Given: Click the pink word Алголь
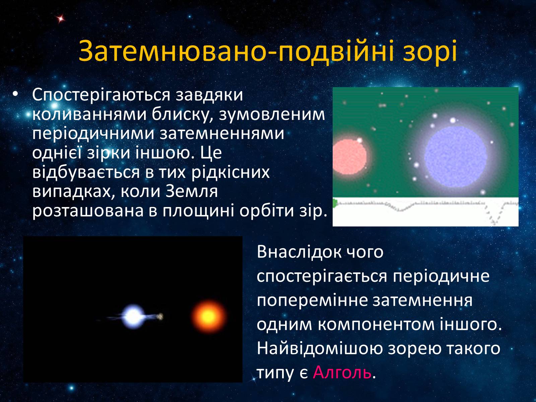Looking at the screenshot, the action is coord(342,373).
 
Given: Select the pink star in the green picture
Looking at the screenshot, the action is coord(349,157).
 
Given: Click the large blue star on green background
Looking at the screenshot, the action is coord(456,157).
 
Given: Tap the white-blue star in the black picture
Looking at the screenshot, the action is coord(133,316).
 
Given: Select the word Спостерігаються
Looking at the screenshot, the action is coord(101,95).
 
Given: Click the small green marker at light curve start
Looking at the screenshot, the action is coord(335,203).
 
